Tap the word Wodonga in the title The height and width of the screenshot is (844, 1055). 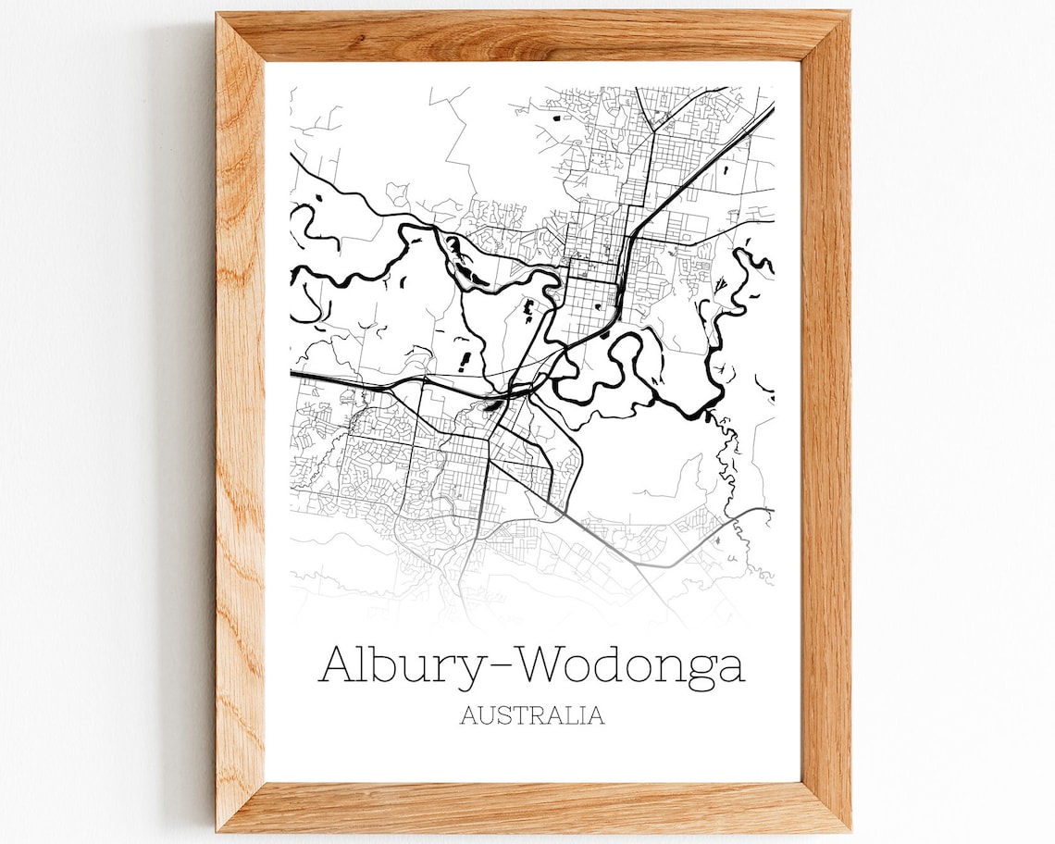(630, 665)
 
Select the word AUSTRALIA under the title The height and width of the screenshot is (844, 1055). (532, 715)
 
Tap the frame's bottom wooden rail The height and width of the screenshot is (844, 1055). (532, 806)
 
